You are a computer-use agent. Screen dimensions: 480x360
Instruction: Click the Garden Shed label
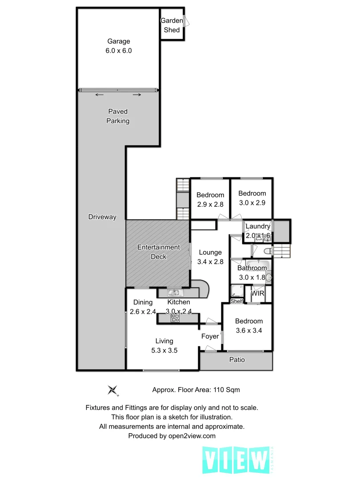pyautogui.click(x=172, y=25)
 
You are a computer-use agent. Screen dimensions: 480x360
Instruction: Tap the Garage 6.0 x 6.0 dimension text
pyautogui.click(x=118, y=51)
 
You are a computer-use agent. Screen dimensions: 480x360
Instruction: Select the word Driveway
pyautogui.click(x=102, y=217)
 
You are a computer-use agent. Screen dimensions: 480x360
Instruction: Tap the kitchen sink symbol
pyautogui.click(x=173, y=292)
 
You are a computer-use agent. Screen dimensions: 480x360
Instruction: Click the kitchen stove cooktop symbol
pyautogui.click(x=175, y=318)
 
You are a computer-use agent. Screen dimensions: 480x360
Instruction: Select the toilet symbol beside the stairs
pyautogui.click(x=267, y=252)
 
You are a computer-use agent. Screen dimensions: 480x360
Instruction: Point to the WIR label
pyautogui.click(x=258, y=294)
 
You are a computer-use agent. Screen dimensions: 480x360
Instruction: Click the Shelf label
pyautogui.click(x=237, y=301)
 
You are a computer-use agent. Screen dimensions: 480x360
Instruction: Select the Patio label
pyautogui.click(x=237, y=360)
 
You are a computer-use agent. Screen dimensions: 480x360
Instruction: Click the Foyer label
pyautogui.click(x=210, y=336)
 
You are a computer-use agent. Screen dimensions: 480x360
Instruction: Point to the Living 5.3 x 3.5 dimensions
pyautogui.click(x=164, y=350)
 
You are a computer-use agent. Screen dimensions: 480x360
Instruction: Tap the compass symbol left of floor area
pyautogui.click(x=113, y=390)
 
